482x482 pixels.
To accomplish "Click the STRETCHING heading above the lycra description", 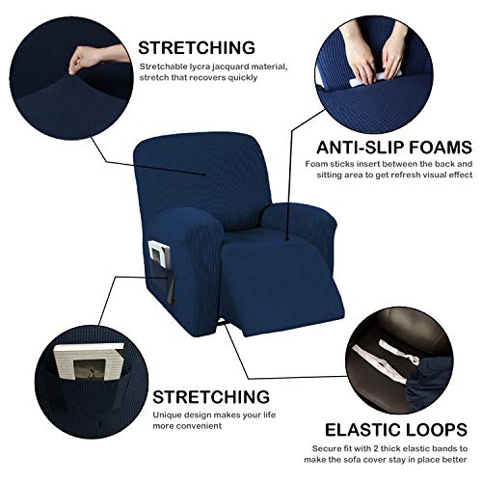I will pos(197,46).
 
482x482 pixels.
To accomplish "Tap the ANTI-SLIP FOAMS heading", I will pos(394,147).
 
